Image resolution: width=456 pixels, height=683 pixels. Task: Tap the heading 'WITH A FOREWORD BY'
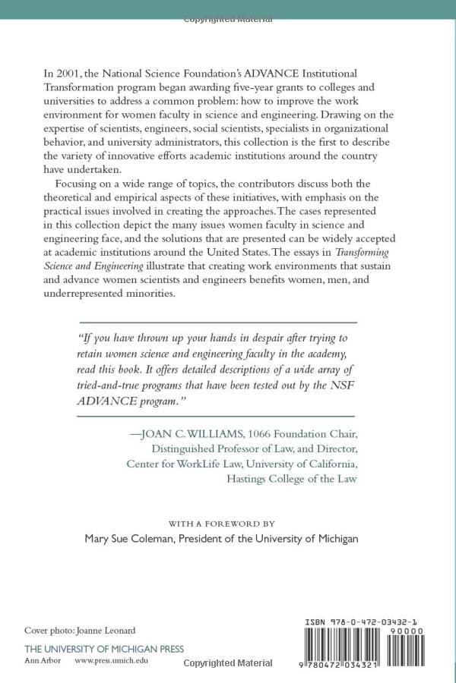(221, 524)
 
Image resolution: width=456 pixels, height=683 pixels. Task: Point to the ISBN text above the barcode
(358, 623)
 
